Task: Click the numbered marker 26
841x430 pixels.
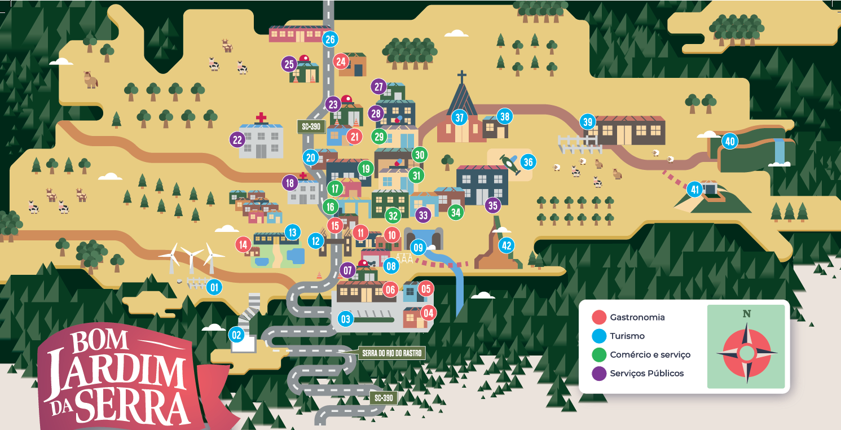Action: (x=330, y=40)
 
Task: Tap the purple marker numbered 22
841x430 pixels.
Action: (x=237, y=139)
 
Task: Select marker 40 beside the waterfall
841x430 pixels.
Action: (x=730, y=142)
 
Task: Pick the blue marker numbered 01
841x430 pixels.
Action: (x=214, y=287)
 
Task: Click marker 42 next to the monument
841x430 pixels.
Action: (x=507, y=245)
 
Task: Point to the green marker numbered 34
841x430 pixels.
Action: (x=456, y=212)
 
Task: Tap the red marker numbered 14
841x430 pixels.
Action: (x=243, y=245)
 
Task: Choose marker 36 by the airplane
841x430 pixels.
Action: (x=528, y=163)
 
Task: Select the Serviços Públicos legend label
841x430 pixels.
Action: (x=646, y=373)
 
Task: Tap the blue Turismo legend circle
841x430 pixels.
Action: (x=599, y=336)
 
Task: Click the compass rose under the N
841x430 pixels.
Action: (x=746, y=353)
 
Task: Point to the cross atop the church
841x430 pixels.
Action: (x=462, y=76)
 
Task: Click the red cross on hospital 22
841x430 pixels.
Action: (x=261, y=118)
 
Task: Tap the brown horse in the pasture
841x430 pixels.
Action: (x=90, y=79)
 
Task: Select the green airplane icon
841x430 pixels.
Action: (x=510, y=164)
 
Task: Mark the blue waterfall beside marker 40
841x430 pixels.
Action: (x=780, y=150)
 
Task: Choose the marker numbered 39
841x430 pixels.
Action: (x=588, y=122)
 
